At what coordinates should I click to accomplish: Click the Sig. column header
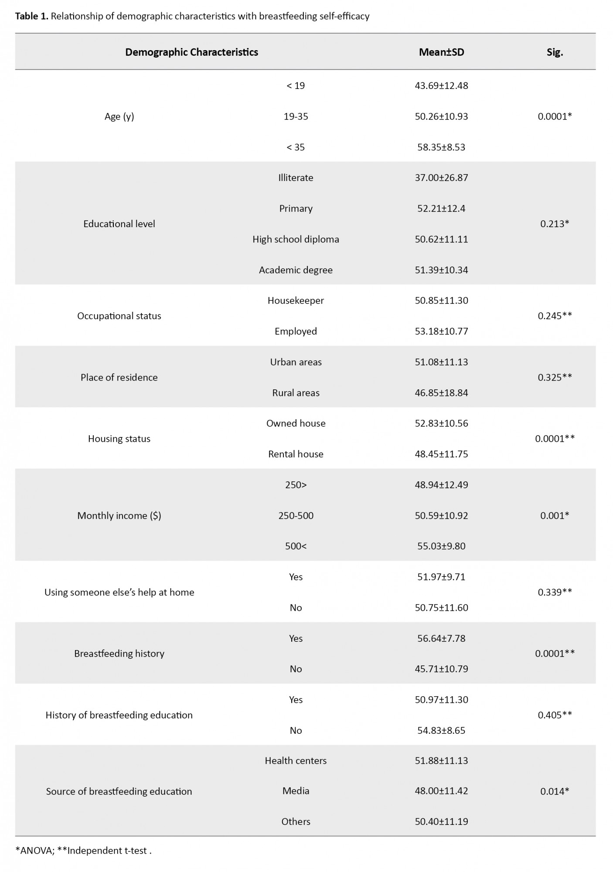555,52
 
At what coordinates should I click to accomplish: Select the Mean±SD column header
441,52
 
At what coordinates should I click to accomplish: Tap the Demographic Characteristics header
191,52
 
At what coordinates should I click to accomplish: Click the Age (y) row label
119,116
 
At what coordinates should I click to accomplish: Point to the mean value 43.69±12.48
441,85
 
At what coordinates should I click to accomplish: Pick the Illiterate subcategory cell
296,177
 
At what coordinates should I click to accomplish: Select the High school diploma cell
296,239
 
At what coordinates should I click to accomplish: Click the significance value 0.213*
555,224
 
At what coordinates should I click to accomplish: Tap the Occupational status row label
119,316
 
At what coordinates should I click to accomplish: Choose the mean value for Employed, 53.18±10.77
441,331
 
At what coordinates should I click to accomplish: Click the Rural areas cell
296,392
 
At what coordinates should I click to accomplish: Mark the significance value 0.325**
555,377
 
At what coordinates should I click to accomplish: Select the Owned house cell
296,423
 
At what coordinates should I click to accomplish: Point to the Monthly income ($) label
119,515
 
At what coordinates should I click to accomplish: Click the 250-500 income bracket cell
296,515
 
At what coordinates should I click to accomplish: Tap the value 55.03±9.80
441,546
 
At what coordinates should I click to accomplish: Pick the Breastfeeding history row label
119,653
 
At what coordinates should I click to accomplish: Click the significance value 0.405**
555,715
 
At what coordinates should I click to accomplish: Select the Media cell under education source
296,790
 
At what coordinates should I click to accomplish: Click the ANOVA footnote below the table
34,850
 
